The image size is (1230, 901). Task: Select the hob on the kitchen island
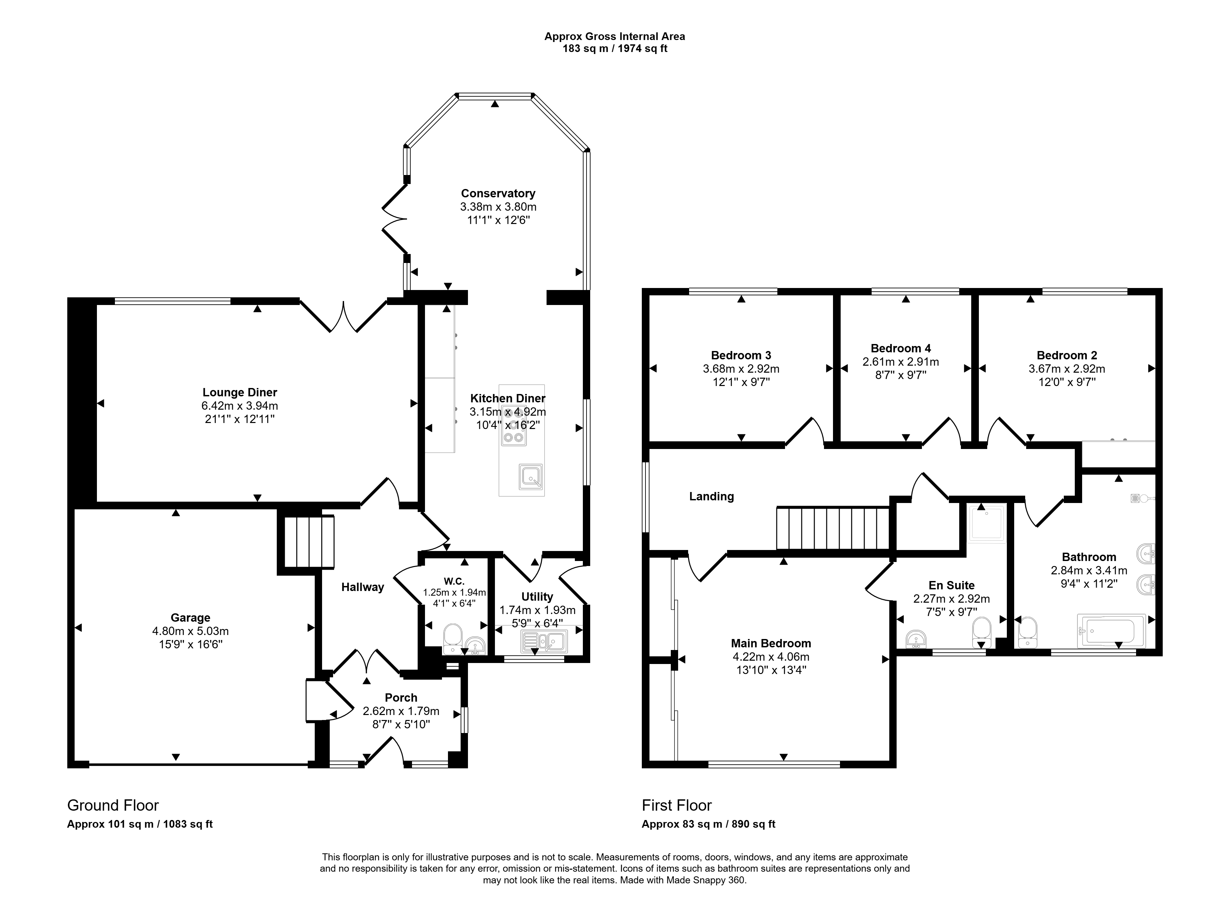513,425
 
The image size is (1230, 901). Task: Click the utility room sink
544,641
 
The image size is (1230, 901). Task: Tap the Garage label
190,617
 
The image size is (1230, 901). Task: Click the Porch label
401,698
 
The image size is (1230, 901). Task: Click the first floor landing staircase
833,528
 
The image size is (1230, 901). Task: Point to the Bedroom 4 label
901,348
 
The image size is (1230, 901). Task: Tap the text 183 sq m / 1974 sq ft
615,49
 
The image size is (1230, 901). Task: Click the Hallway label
362,587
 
